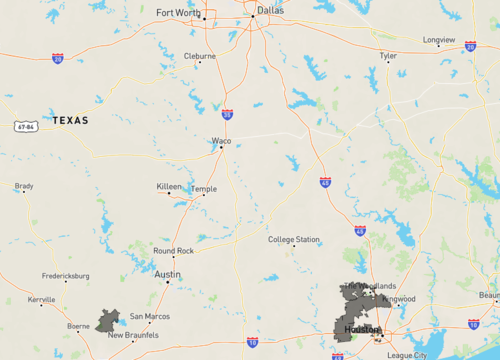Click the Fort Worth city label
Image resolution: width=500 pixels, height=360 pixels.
[x=178, y=13]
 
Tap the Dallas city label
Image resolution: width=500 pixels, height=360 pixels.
[x=269, y=11]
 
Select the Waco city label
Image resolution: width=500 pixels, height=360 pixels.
[x=221, y=141]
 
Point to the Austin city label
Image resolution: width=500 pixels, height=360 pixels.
[x=167, y=274]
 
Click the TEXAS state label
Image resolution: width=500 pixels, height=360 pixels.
[x=70, y=120]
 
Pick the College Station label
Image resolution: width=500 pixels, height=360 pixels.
[x=294, y=240]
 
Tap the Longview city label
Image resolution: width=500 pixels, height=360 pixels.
[x=439, y=40]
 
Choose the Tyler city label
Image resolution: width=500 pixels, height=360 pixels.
[x=389, y=56]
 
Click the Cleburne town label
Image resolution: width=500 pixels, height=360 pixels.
[x=199, y=56]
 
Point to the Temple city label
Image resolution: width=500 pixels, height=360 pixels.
[x=204, y=188]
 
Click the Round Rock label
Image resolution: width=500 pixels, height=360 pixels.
[x=172, y=251]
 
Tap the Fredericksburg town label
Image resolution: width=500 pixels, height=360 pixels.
[x=65, y=275]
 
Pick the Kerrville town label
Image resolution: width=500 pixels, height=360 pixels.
[x=41, y=299]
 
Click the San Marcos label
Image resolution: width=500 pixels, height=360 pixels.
[x=150, y=316]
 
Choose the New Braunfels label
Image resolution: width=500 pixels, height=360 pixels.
[x=130, y=335]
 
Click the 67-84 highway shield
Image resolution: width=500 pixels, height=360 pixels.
[x=26, y=127]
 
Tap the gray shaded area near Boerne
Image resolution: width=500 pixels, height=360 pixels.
[x=107, y=321]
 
